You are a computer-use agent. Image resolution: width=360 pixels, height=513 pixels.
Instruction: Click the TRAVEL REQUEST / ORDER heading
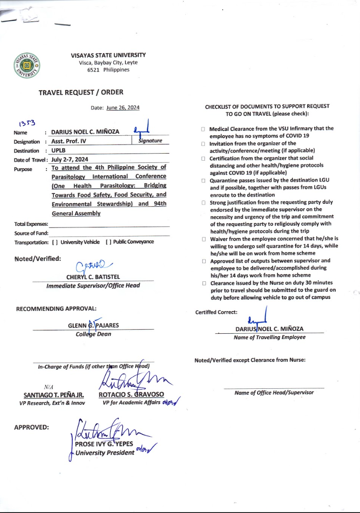[81, 92]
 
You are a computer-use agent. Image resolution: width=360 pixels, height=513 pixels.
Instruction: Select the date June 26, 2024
[123, 107]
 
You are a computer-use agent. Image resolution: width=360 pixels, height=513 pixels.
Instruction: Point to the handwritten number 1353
[27, 123]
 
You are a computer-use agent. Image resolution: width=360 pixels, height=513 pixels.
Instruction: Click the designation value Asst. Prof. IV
[70, 142]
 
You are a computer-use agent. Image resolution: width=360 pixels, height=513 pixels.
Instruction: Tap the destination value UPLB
[59, 150]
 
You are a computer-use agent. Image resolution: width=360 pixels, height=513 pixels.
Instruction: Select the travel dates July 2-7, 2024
[70, 159]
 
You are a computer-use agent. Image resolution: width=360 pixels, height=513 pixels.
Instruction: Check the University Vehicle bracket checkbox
[55, 242]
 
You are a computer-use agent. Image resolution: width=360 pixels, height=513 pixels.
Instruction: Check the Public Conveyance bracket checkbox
[109, 242]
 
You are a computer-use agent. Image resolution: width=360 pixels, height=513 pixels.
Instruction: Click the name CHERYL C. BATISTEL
[93, 277]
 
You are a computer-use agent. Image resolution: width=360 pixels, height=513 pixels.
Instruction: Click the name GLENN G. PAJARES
[93, 325]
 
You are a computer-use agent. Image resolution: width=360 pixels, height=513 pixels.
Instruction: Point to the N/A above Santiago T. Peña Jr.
[48, 387]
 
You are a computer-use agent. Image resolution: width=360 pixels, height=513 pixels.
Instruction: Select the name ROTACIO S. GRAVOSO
[131, 395]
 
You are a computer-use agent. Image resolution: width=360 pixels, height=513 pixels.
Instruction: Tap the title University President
[105, 453]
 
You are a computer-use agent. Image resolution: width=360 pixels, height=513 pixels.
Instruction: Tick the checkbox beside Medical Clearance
[203, 129]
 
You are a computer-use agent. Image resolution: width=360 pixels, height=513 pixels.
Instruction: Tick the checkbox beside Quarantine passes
[203, 181]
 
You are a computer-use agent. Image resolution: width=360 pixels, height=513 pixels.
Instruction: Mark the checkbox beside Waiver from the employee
[203, 239]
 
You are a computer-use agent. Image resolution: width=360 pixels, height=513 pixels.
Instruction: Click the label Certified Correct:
[216, 312]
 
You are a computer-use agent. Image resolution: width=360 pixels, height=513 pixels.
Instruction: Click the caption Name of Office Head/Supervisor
[274, 392]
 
